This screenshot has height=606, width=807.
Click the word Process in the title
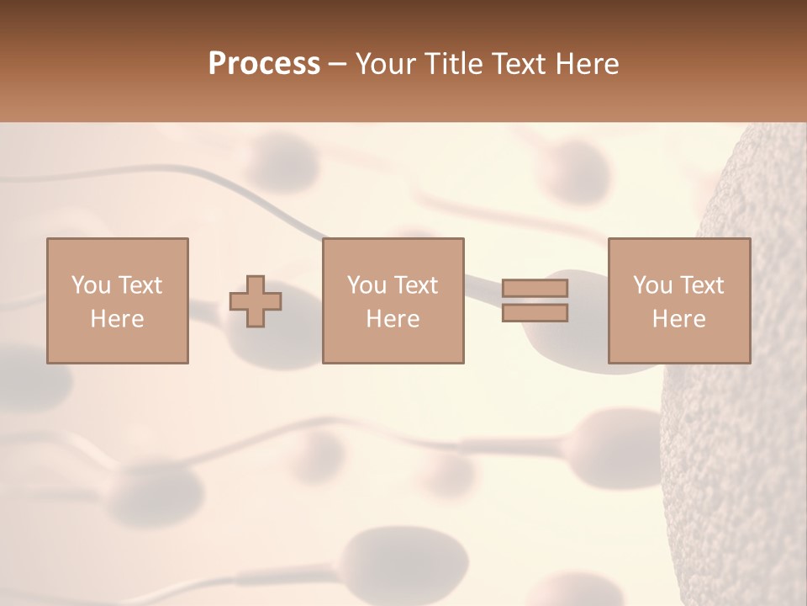264,64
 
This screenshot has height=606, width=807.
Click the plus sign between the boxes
256,301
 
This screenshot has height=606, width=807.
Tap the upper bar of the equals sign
535,288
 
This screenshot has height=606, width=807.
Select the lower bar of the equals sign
535,313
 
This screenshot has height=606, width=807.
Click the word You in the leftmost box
90,285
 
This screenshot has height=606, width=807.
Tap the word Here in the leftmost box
117,319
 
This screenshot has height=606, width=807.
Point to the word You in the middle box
366,285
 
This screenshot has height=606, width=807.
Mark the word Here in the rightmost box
678,319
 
